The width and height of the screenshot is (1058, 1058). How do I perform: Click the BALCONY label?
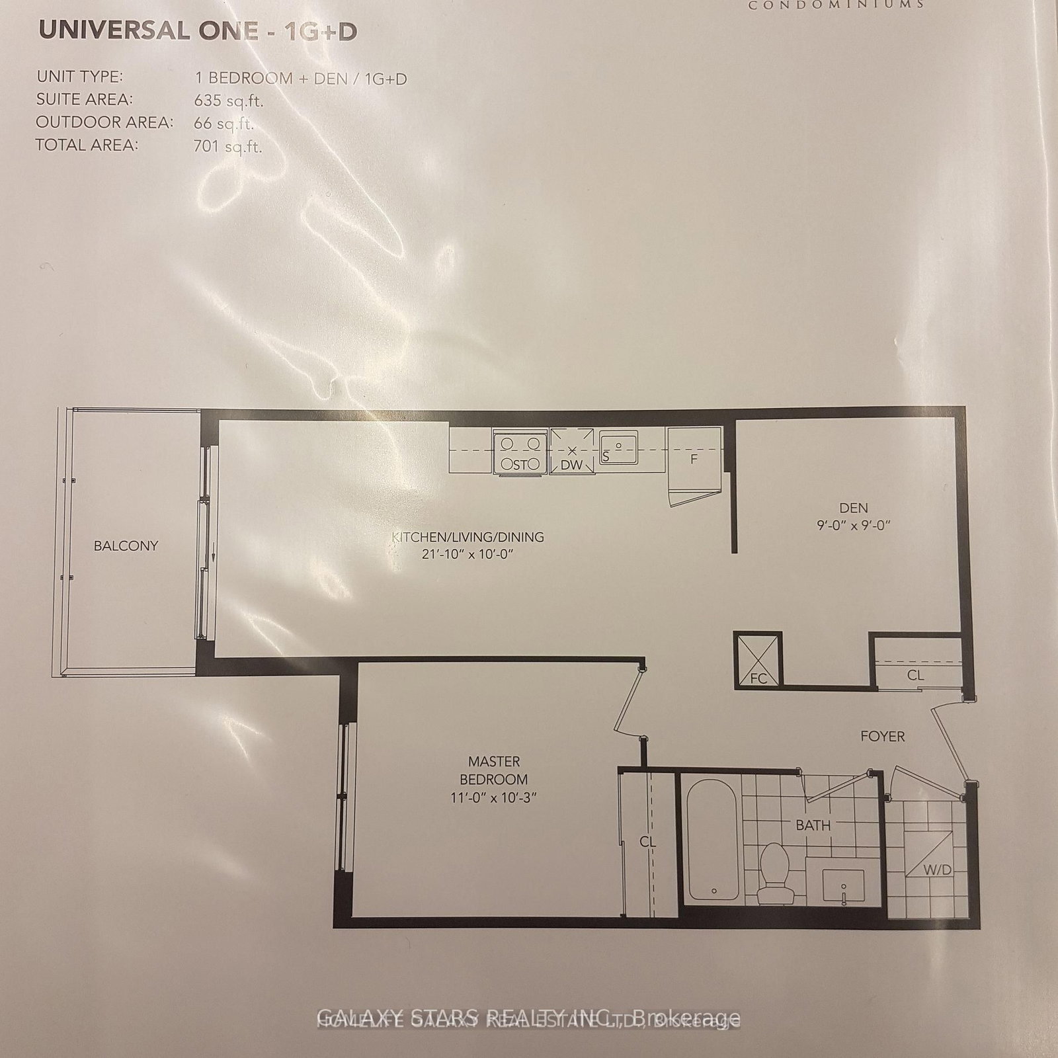coord(126,546)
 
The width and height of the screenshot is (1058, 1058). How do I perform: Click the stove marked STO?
coord(520,452)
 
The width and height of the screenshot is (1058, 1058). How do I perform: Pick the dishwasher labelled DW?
coord(571,452)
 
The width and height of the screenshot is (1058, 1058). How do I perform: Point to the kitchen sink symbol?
coord(619,448)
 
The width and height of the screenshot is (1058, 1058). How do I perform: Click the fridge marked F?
coord(693,458)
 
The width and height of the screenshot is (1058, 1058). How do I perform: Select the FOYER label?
coord(882,736)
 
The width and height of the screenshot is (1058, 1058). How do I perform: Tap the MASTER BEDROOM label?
coord(494,770)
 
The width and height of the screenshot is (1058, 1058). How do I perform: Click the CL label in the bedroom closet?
coord(647,842)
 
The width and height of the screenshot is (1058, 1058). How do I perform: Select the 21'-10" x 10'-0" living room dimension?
coord(468,555)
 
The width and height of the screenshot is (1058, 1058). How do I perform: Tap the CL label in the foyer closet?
coord(915,675)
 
